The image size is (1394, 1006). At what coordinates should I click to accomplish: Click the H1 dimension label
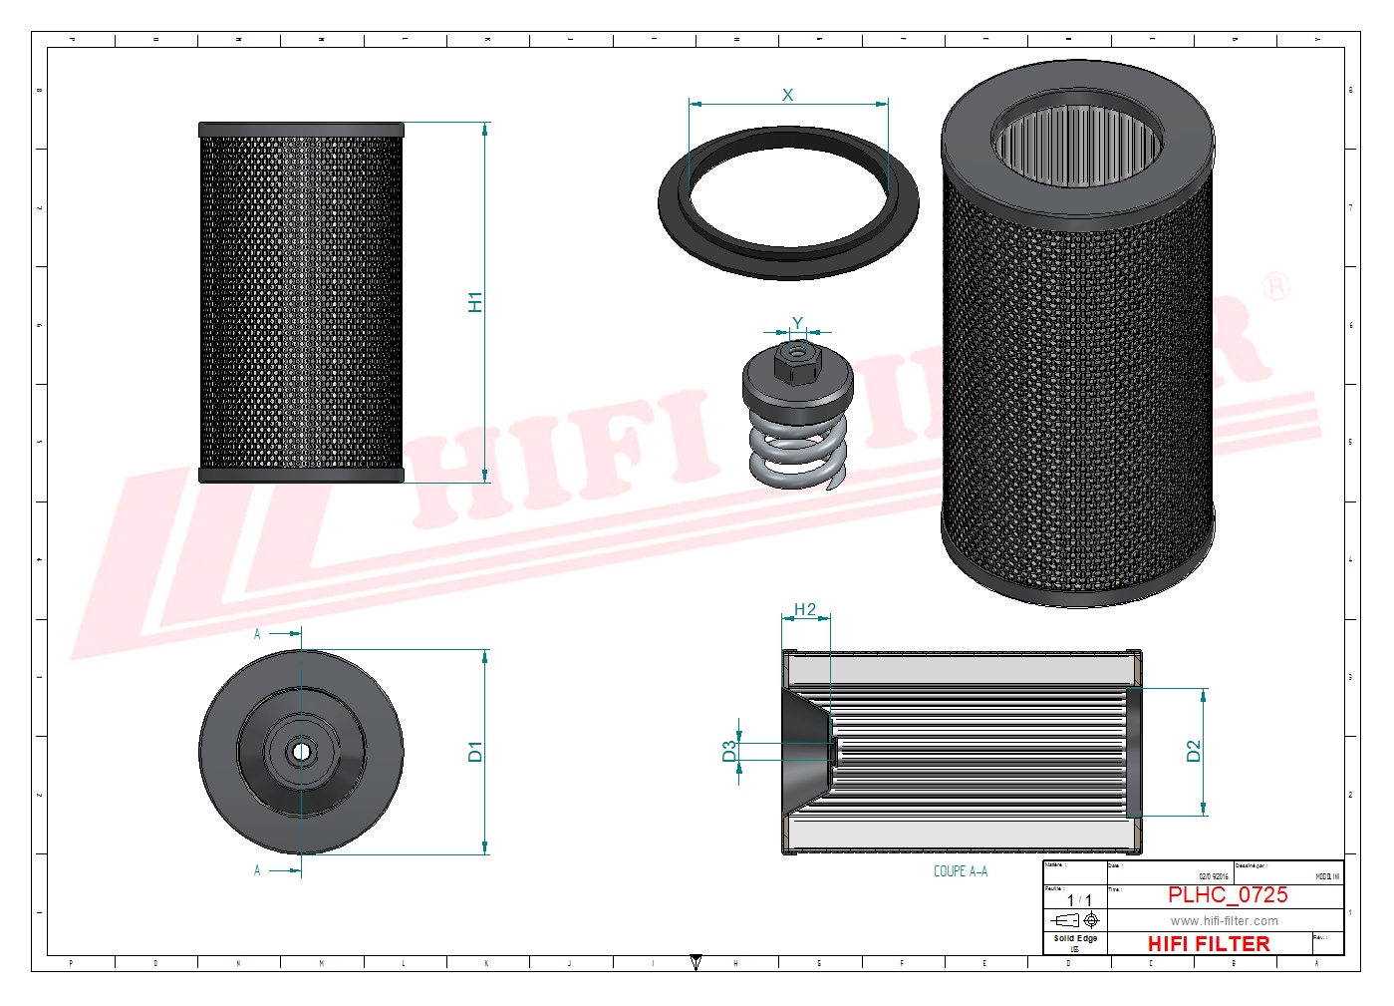click(475, 302)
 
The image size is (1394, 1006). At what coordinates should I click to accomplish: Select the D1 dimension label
click(475, 752)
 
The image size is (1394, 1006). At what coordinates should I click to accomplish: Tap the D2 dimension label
click(1194, 752)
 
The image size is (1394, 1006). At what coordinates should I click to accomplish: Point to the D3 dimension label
click(729, 751)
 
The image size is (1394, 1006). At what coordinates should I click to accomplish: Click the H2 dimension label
click(805, 609)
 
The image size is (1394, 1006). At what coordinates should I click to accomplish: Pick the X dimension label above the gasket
click(787, 95)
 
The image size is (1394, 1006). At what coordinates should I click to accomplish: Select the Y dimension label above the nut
click(797, 323)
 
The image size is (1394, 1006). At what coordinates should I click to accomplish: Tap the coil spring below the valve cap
click(797, 454)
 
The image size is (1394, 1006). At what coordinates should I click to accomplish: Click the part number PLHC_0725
click(1228, 895)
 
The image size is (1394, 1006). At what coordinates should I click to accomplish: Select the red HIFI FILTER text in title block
click(1209, 943)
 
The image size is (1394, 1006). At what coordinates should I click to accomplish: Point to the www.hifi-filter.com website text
click(1224, 921)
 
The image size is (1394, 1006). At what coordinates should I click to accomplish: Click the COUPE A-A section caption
click(961, 871)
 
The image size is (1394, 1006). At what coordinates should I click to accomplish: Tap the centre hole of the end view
click(301, 752)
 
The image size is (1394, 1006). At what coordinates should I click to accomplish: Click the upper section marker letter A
click(257, 634)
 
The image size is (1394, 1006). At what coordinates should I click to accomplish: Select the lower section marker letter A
click(257, 870)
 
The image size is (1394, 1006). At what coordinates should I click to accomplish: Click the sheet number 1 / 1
click(1079, 900)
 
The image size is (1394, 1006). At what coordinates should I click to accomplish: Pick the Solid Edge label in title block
click(1075, 938)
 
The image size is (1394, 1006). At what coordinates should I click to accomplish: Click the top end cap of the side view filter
click(301, 130)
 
